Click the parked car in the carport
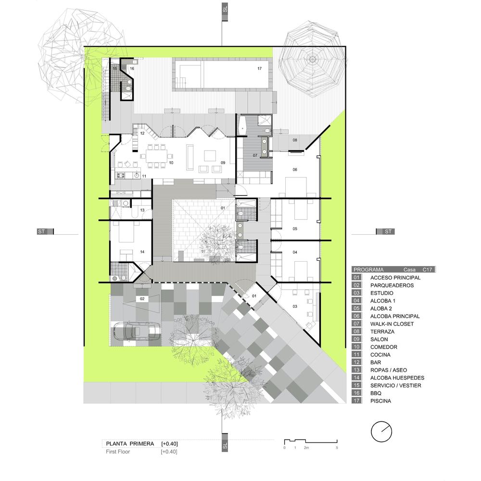tap(137, 331)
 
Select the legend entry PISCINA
tap(380, 401)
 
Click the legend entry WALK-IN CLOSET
tap(392, 324)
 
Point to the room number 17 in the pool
tap(260, 68)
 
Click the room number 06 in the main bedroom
tap(295, 170)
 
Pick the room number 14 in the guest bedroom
tap(142, 252)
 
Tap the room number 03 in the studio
tap(295, 306)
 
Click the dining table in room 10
tap(156, 156)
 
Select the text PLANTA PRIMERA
tap(130, 444)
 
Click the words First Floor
tap(118, 452)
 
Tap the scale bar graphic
tap(311, 442)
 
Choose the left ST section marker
tap(45, 232)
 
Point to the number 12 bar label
tap(142, 133)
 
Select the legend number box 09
tap(356, 339)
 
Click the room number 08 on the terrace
tap(295, 140)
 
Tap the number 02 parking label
tap(142, 299)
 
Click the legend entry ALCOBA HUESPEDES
tap(397, 378)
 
